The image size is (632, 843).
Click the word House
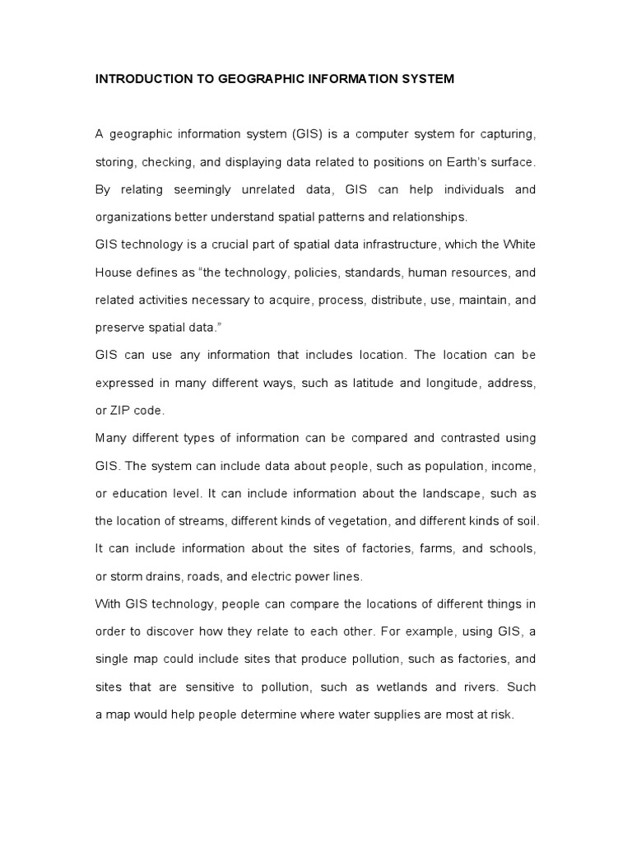click(x=113, y=272)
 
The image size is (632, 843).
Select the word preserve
click(x=119, y=328)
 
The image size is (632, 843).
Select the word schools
click(x=513, y=548)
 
